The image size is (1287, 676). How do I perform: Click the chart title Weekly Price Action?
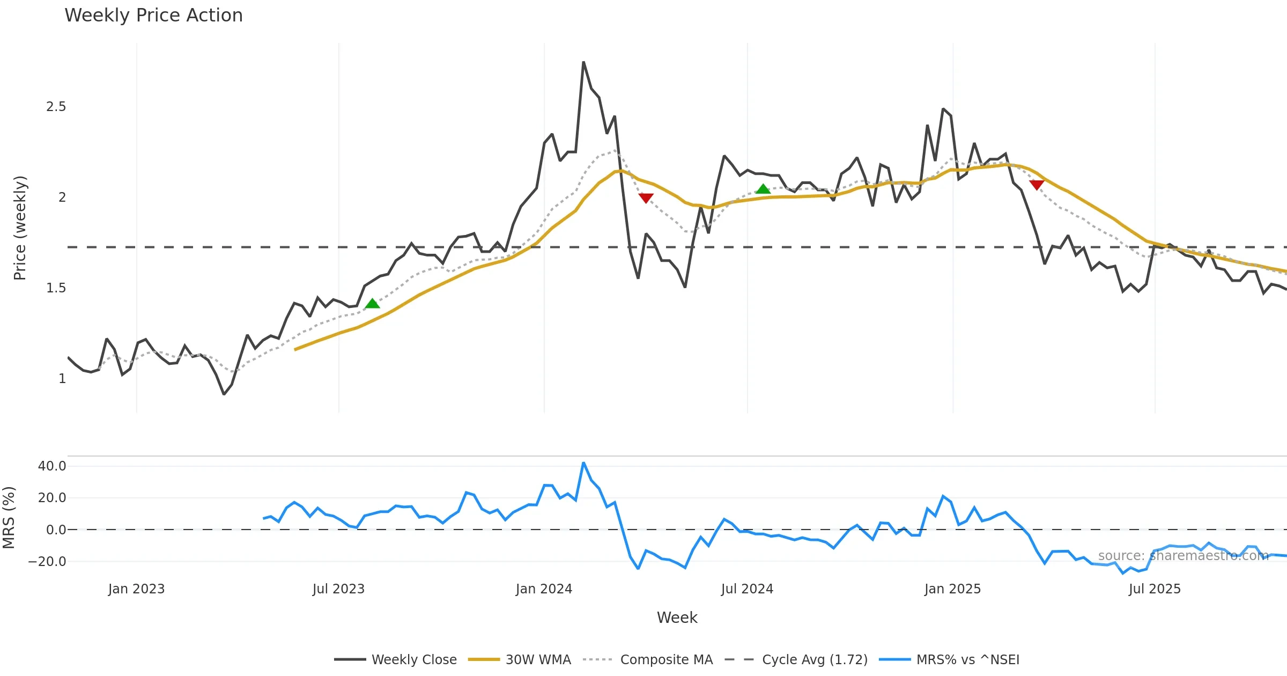coord(153,16)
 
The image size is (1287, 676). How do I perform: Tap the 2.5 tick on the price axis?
coord(56,107)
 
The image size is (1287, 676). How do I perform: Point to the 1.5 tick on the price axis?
coord(56,288)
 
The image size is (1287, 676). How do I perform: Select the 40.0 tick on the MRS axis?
coord(52,466)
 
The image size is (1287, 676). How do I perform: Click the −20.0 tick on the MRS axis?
coord(47,562)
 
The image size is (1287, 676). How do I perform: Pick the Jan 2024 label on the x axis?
coord(544,589)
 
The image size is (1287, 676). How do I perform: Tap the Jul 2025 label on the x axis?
coord(1155,589)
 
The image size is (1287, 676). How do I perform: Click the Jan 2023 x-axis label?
coord(136,589)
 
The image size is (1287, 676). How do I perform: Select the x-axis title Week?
coord(677,618)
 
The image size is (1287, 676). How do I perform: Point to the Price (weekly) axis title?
coord(20,228)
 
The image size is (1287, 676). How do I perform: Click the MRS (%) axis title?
coord(9,518)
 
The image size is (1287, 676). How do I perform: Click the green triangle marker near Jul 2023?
coord(372,304)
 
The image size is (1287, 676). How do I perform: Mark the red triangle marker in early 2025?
coord(1037,185)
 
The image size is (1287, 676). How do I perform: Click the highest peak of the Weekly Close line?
coord(583,62)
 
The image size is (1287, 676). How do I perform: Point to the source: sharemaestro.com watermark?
coord(1183,556)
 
